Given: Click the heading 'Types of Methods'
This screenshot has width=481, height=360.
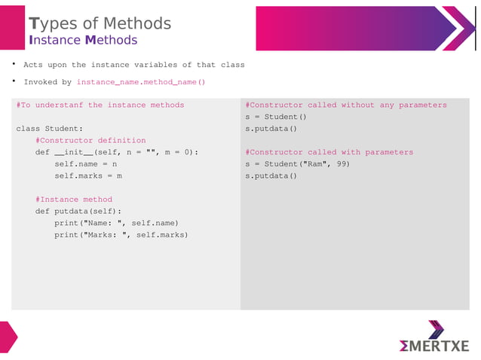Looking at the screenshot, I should [100, 23].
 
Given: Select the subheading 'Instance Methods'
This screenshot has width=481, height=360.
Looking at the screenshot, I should [83, 40].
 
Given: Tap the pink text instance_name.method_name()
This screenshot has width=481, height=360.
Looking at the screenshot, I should [141, 82].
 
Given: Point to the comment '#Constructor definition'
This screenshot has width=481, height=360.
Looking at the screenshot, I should [90, 140].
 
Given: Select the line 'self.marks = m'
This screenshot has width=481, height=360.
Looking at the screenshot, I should [87, 175].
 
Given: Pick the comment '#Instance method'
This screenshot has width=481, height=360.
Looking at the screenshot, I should [74, 200].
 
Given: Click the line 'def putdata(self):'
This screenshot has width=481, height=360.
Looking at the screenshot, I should [78, 212].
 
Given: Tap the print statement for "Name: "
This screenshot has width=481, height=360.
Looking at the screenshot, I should [116, 223].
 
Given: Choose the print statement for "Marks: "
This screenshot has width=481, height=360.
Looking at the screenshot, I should [121, 235].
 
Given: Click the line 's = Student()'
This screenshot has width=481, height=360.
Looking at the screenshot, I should [276, 117].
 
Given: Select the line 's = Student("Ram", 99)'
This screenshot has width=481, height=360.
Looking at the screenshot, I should [297, 163].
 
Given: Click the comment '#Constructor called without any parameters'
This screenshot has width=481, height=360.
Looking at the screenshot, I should [346, 105].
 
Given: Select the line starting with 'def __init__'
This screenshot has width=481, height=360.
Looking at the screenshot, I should [116, 152].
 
